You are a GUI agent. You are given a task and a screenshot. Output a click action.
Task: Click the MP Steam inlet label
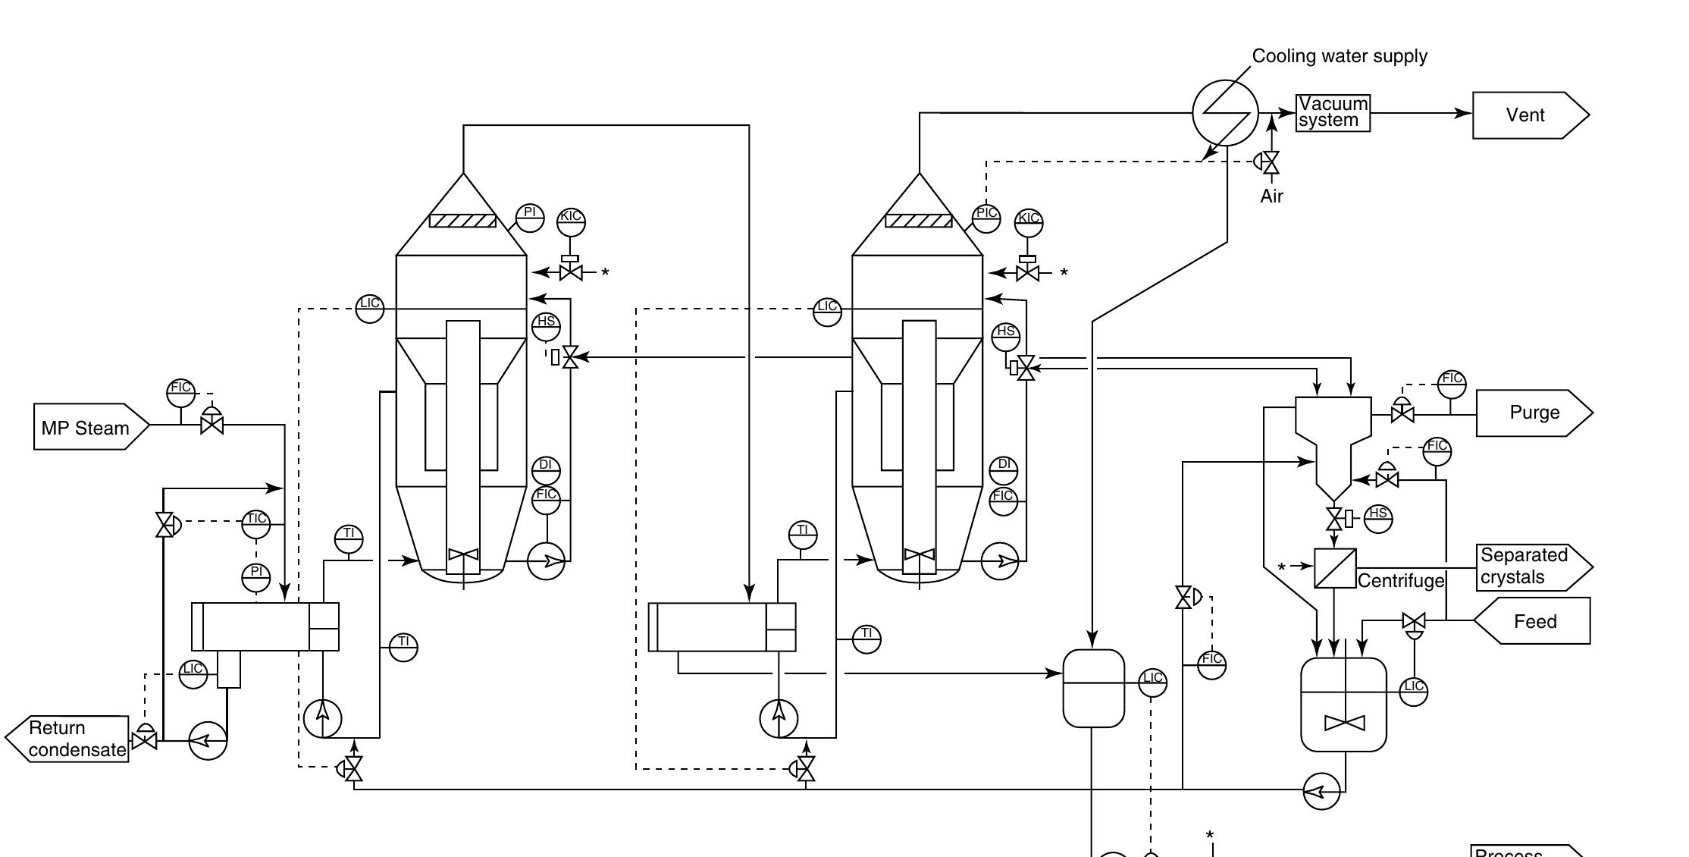tap(86, 428)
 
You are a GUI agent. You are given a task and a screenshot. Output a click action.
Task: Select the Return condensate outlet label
tap(76, 739)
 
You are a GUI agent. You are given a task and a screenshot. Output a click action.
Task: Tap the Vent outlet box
tap(1525, 115)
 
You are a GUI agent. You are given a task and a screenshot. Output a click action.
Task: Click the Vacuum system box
tap(1333, 113)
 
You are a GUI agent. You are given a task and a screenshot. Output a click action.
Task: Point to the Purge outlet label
tap(1534, 413)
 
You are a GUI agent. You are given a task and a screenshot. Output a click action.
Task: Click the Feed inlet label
tap(1534, 621)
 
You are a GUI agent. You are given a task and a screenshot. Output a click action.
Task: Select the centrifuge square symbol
tap(1335, 568)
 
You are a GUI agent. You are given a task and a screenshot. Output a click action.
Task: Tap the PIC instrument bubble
tap(986, 215)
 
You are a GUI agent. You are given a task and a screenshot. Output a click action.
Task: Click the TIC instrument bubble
tap(256, 522)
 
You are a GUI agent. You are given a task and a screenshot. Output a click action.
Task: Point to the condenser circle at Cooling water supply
tap(1225, 113)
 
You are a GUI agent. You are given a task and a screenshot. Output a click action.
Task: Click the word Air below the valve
tap(1271, 196)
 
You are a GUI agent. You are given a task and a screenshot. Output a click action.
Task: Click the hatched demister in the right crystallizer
tap(919, 221)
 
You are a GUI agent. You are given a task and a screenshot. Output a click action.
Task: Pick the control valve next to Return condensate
tap(144, 739)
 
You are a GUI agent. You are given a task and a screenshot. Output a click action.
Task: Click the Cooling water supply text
tap(1339, 56)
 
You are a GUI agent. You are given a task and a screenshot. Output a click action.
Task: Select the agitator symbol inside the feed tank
tap(1344, 723)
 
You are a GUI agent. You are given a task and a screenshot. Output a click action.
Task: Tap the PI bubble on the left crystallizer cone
tap(530, 215)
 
